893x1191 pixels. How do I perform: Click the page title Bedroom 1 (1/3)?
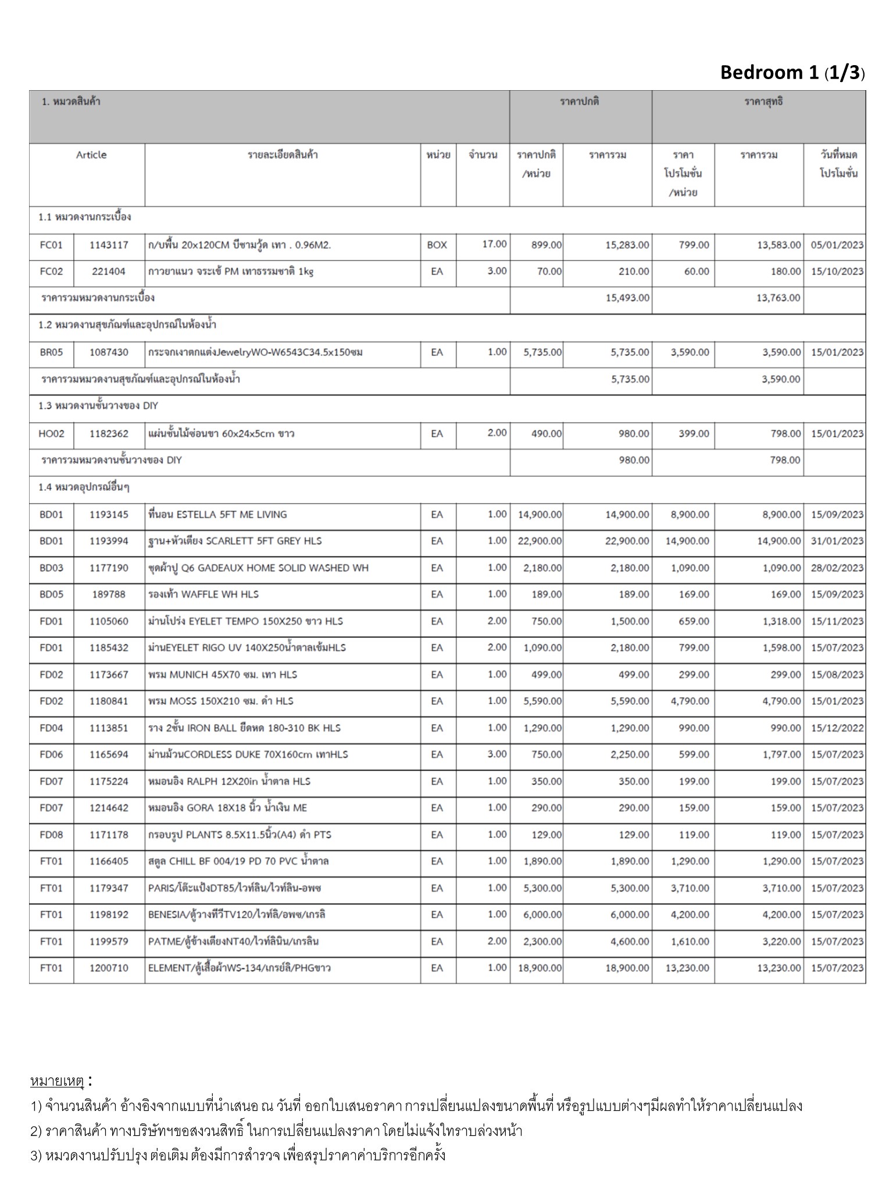792,72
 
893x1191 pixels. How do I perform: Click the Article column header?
91,155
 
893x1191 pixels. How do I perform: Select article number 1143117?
109,245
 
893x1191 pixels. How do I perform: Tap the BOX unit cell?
437,245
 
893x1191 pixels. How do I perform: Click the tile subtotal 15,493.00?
627,298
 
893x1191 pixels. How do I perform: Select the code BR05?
51,352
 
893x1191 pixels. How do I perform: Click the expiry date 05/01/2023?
837,245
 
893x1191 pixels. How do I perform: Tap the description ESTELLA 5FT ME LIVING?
217,515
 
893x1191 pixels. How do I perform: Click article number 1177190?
109,568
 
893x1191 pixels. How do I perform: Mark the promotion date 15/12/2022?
837,728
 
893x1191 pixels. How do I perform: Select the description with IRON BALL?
244,728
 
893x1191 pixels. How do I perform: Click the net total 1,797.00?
781,755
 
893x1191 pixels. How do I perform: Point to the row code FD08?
51,835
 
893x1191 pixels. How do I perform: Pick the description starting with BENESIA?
237,915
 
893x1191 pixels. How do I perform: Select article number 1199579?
109,942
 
